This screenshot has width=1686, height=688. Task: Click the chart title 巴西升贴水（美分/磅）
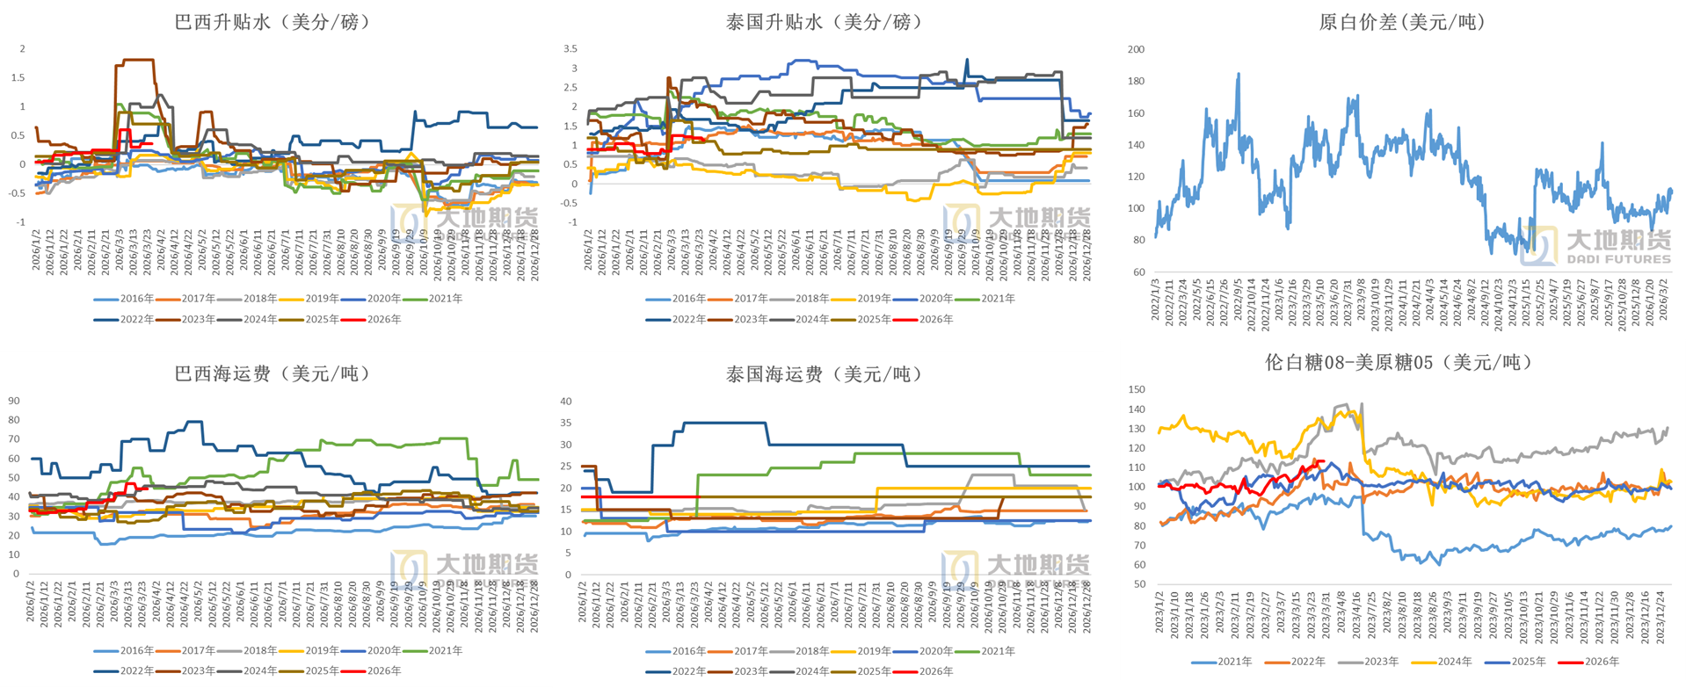coord(272,22)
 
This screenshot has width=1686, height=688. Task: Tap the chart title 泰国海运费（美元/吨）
coord(824,374)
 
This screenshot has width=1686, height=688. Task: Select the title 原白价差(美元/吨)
coord(1401,22)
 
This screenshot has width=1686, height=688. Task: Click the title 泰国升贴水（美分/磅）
coord(824,22)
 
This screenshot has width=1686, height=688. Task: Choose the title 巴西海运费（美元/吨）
coord(272,373)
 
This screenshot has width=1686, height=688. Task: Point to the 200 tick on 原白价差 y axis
coord(1136,49)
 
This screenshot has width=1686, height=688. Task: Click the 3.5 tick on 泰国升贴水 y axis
coord(570,49)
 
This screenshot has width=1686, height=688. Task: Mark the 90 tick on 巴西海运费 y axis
coord(14,401)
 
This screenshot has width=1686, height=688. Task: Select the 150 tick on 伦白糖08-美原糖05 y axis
coord(1137,389)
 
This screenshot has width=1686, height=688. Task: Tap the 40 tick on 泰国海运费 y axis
coord(566,402)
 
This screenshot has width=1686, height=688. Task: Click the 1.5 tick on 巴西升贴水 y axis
coord(18,77)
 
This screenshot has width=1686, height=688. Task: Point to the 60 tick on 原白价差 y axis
coord(1139,272)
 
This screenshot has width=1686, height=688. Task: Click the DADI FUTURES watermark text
coord(1618,259)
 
